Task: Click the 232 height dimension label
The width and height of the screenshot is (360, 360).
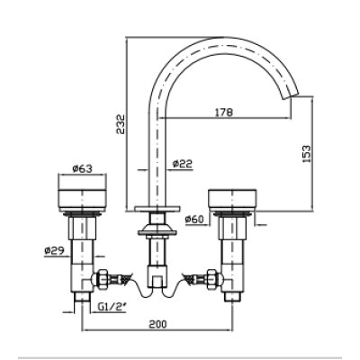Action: tap(121, 124)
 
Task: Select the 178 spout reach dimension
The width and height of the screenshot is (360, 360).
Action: tap(224, 112)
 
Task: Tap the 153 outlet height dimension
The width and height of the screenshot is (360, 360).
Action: tap(306, 154)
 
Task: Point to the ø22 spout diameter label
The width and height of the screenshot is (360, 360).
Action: tap(183, 164)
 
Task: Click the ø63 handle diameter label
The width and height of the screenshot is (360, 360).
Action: tap(82, 169)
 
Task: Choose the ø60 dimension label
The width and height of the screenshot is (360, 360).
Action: tap(194, 220)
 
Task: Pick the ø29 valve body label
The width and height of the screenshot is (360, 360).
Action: tap(54, 250)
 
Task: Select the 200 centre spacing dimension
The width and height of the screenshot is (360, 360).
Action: tap(157, 324)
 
